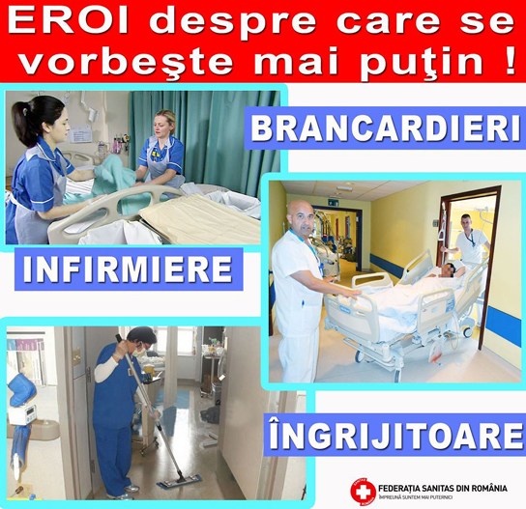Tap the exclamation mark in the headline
point(510,60)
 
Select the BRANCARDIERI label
point(385,128)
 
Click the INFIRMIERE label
point(128,269)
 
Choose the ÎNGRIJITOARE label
point(394,435)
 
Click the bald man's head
point(302,215)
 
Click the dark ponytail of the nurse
point(23,123)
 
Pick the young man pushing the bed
point(467,240)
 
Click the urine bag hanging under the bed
point(436,355)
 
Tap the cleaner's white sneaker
point(131,488)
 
